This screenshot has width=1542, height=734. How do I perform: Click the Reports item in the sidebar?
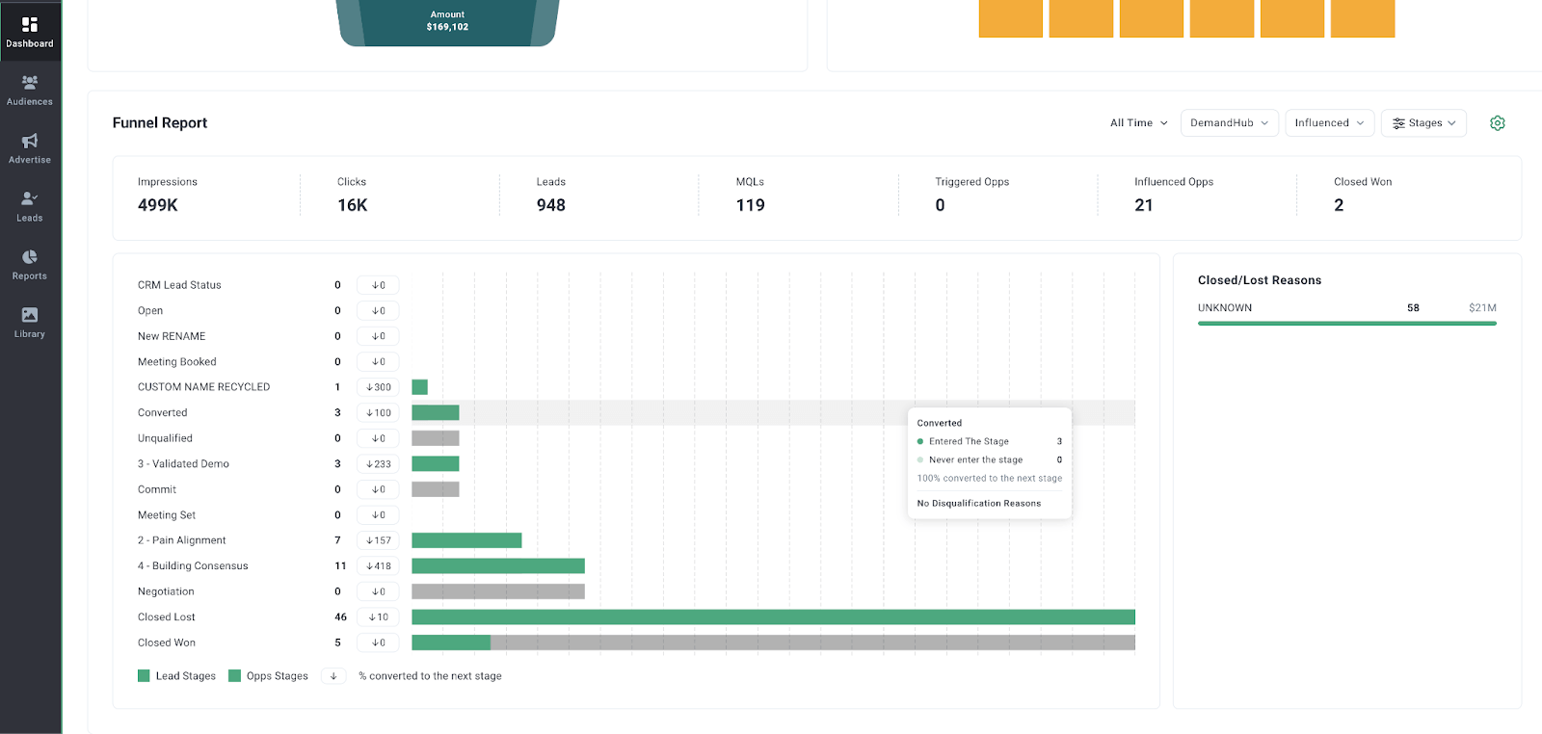tap(30, 265)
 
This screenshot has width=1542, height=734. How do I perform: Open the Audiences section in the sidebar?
tap(30, 91)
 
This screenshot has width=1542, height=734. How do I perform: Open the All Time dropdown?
tap(1138, 123)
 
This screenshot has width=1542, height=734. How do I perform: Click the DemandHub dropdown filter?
tap(1230, 123)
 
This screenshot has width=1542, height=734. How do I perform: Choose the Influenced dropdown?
tap(1329, 123)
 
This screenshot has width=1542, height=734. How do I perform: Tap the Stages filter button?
tap(1423, 123)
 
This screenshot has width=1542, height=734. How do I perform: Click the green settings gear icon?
tap(1498, 123)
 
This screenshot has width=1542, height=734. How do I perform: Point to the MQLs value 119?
tap(751, 205)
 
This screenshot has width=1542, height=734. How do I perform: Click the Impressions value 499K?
tap(158, 205)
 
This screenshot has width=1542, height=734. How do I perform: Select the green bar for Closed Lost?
tap(773, 617)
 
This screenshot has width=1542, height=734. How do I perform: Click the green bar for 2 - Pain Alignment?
tap(466, 540)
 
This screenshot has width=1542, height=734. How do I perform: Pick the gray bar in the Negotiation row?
tap(498, 591)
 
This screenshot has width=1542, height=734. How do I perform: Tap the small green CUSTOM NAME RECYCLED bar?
tap(420, 387)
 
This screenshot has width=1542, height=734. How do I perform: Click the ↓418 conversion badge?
tap(378, 566)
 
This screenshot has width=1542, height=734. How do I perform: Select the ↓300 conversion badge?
tap(378, 387)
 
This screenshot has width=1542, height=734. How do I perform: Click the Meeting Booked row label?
tap(177, 362)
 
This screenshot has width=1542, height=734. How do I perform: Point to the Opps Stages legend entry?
tap(269, 676)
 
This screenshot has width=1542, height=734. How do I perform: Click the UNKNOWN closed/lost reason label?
tap(1225, 308)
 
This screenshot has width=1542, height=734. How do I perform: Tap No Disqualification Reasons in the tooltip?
tap(979, 504)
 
